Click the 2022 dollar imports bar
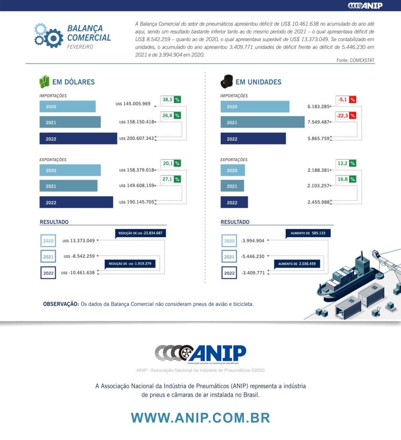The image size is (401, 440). click(78, 138)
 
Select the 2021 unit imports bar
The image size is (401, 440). click(262, 122)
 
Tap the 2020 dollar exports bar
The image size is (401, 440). click(70, 170)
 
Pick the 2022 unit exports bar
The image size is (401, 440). click(234, 202)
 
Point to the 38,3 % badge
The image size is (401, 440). click(170, 100)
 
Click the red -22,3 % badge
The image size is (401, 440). click(346, 116)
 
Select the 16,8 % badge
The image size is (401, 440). click(346, 179)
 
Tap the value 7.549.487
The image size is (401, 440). click(318, 122)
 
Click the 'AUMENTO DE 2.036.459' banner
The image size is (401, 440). click(297, 263)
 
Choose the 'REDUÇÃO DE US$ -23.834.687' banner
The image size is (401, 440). click(140, 233)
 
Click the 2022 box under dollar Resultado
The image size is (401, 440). click(48, 273)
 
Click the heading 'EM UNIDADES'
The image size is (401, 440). click(258, 82)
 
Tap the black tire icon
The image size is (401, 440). click(226, 81)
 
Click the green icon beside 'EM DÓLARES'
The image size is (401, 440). click(44, 82)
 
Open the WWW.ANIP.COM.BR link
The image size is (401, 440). click(200, 418)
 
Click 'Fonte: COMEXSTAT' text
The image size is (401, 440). click(355, 61)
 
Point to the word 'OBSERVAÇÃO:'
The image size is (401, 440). click(61, 304)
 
